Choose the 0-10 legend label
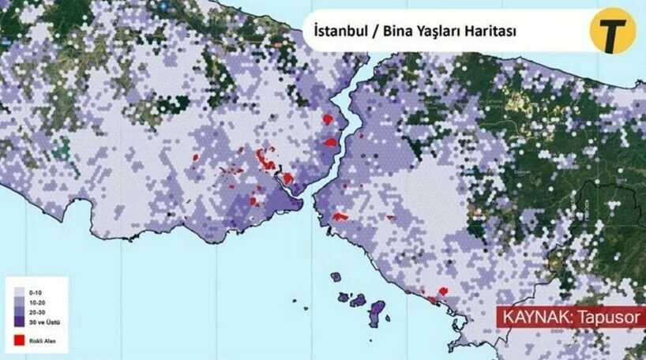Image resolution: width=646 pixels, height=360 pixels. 34,294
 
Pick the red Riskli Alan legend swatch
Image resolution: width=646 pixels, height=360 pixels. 19,341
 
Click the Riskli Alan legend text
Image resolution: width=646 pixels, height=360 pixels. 41,341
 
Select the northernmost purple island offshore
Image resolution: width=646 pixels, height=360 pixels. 335,276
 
